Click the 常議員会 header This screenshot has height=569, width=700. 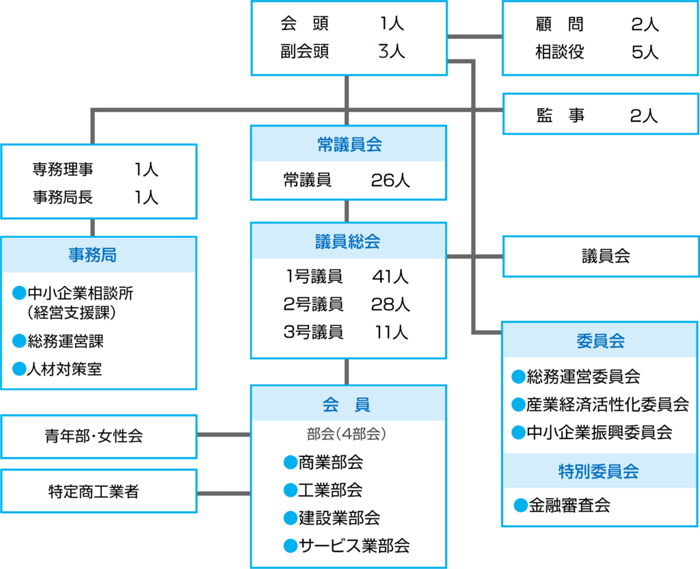pyautogui.click(x=349, y=144)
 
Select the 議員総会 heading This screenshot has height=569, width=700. pyautogui.click(x=349, y=241)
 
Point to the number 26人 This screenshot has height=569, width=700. pyautogui.click(x=390, y=180)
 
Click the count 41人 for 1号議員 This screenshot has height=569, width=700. pyautogui.click(x=390, y=277)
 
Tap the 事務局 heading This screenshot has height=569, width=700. pyautogui.click(x=92, y=255)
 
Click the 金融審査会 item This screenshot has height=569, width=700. pyautogui.click(x=569, y=505)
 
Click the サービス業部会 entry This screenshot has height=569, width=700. pyautogui.click(x=353, y=546)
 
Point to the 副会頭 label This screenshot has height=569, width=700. pyautogui.click(x=304, y=52)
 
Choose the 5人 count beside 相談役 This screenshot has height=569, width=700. pyautogui.click(x=645, y=52)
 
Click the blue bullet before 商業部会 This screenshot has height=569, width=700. pyautogui.click(x=290, y=463)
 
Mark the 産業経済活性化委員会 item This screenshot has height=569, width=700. pyautogui.click(x=607, y=404)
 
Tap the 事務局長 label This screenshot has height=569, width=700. pyautogui.click(x=63, y=198)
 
